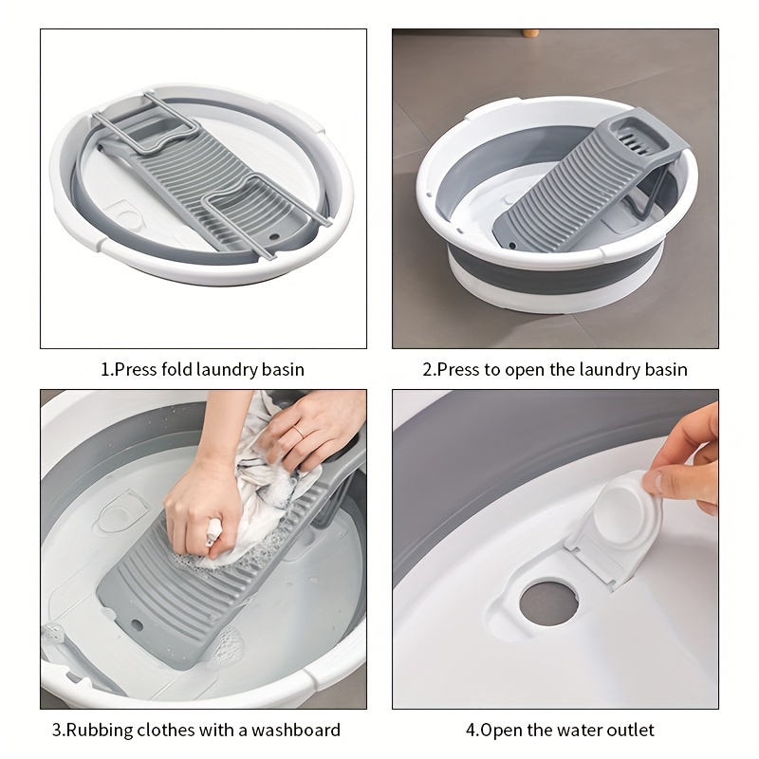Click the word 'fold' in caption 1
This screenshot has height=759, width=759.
click(177, 369)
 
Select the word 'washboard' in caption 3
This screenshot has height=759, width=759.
click(296, 730)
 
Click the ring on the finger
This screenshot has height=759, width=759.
click(298, 432)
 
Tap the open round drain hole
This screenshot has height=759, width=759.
click(549, 603)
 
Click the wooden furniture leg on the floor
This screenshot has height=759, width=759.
click(529, 32)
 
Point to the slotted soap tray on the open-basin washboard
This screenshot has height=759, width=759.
click(640, 137)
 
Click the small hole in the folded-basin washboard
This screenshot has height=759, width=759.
click(274, 237)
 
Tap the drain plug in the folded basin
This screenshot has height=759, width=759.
click(128, 217)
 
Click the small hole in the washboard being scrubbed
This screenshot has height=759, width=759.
click(137, 625)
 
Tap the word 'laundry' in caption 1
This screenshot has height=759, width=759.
click(227, 370)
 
